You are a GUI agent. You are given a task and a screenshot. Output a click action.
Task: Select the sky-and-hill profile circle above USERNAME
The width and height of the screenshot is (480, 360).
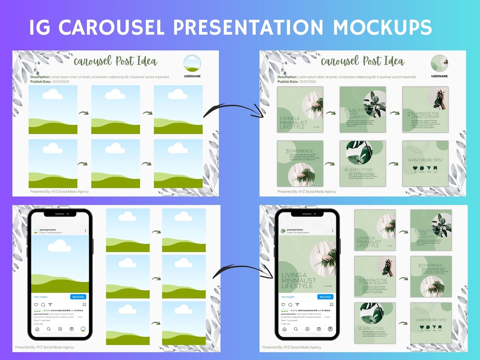(192, 64)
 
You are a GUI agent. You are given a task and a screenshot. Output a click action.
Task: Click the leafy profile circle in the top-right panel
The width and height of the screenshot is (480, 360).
(439, 64)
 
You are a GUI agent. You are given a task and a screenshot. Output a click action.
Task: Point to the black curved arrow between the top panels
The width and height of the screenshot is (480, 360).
(233, 111)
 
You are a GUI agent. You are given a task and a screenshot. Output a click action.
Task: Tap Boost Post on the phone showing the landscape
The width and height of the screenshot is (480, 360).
(78, 297)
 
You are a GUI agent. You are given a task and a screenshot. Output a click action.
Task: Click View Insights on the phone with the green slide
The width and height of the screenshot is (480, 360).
(288, 297)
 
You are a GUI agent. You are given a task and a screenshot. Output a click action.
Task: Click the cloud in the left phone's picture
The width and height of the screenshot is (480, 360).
(60, 245)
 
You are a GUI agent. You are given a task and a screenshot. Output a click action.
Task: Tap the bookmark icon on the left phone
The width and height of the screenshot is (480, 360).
(84, 305)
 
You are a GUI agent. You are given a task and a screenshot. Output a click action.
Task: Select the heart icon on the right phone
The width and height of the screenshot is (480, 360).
(283, 305)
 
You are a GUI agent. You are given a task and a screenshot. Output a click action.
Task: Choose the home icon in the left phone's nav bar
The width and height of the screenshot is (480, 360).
(37, 329)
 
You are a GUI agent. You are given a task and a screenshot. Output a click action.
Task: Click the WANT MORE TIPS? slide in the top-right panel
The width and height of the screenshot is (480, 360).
(425, 163)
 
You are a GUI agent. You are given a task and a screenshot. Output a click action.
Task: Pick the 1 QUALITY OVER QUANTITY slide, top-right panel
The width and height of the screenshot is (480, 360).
(363, 109)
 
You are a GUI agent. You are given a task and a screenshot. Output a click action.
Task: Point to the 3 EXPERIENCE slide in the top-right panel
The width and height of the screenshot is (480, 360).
(300, 163)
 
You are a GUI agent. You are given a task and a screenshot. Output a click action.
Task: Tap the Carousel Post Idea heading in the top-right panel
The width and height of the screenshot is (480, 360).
(363, 61)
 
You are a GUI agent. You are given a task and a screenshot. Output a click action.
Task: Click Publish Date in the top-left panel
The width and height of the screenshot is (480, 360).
(40, 82)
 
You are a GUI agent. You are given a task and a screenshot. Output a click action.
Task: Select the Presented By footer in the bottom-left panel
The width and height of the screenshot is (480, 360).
(45, 347)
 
